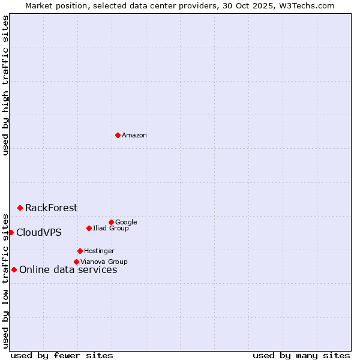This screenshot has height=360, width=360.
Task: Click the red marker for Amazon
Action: click(118, 135)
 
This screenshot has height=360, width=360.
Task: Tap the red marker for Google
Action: click(111, 222)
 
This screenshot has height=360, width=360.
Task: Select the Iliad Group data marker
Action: click(89, 228)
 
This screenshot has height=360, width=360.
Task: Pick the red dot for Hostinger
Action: click(80, 251)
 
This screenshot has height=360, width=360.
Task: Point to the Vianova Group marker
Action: click(76, 262)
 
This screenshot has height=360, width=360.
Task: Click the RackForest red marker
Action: click(20, 208)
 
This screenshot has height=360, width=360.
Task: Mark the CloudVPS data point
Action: click(11, 232)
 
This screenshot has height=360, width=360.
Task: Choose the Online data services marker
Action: click(14, 269)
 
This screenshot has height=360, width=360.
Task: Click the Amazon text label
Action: click(134, 136)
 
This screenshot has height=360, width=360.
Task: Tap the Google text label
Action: click(126, 223)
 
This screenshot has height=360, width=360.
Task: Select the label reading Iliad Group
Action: click(111, 229)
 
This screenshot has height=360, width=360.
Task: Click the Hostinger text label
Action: click(99, 251)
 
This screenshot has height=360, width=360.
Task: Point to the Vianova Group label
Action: click(104, 262)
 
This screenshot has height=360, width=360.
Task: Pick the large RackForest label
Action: click(51, 208)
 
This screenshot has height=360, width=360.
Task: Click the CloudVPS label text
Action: click(38, 233)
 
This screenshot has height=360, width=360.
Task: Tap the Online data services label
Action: click(68, 270)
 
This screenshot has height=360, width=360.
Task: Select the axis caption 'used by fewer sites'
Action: click(62, 355)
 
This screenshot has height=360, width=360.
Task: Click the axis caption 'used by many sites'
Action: click(301, 355)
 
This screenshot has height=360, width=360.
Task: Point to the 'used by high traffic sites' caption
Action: click(5, 85)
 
